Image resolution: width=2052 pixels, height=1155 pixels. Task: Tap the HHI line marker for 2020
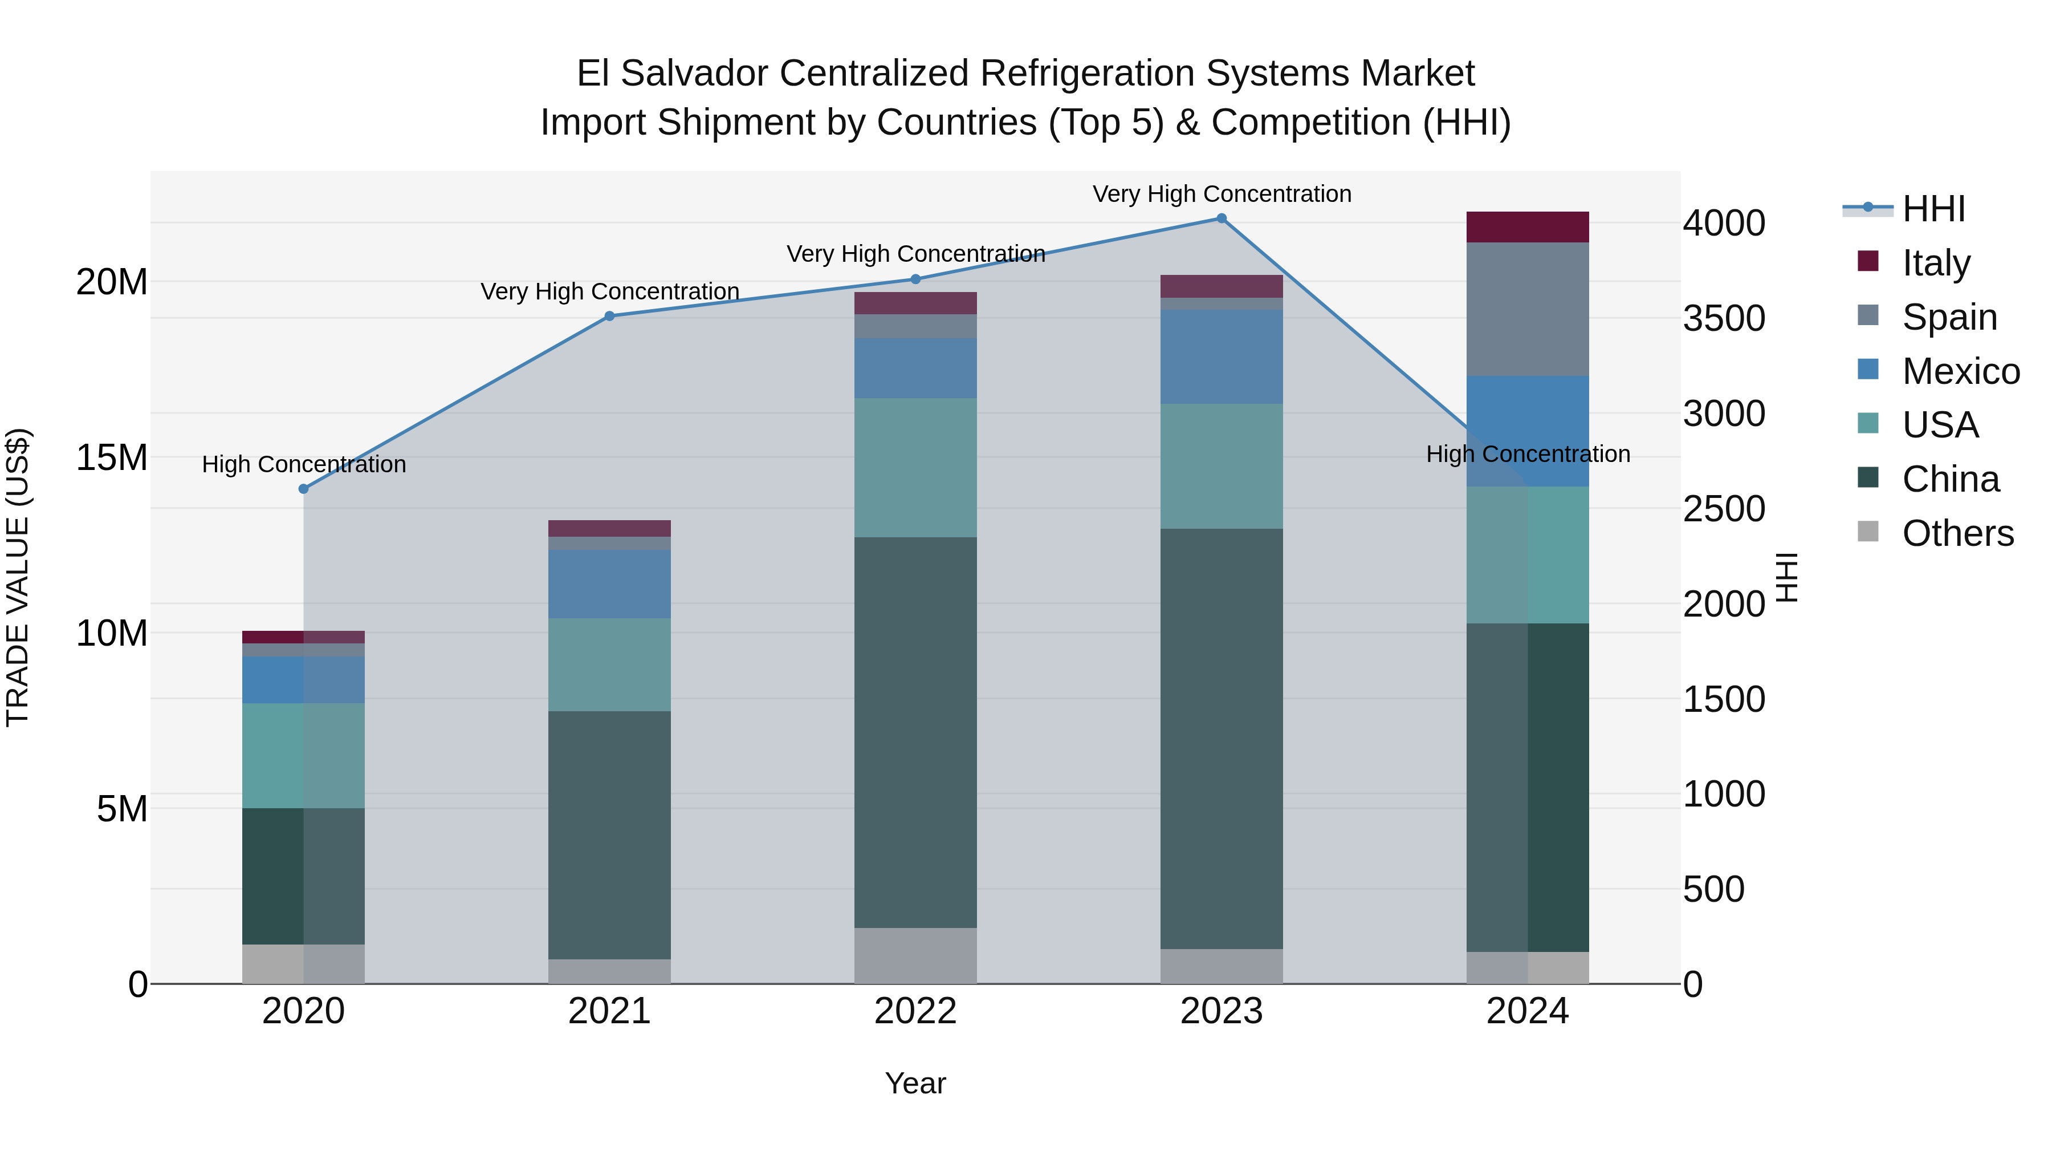(x=303, y=489)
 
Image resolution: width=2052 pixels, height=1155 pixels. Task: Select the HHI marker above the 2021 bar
(x=609, y=317)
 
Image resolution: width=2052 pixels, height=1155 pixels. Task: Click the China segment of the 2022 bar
(x=915, y=732)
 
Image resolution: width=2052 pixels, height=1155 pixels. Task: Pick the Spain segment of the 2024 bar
(x=1527, y=309)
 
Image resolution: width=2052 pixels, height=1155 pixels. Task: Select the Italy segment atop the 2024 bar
(x=1527, y=227)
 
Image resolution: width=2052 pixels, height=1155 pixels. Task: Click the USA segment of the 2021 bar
(x=609, y=665)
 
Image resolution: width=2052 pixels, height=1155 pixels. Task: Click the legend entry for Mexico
(x=1960, y=371)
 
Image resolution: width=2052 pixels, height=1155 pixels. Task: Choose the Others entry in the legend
(x=1957, y=533)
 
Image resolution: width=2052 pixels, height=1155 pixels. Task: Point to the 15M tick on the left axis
(x=112, y=457)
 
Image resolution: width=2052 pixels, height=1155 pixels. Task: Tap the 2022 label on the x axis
(x=915, y=1011)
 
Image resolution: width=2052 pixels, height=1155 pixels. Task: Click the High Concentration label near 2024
(x=1527, y=455)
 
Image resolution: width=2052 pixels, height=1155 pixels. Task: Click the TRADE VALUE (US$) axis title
(x=18, y=577)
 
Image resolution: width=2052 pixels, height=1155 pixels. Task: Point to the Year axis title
(x=915, y=1083)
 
